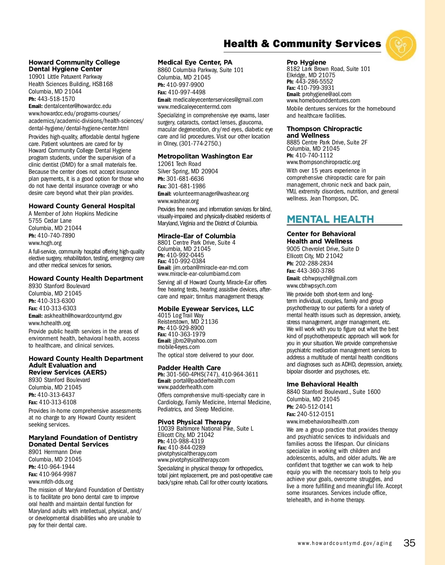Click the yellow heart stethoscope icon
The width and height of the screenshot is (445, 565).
click(x=401, y=45)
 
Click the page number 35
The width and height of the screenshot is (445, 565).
click(x=409, y=543)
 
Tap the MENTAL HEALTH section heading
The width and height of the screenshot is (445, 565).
click(x=330, y=219)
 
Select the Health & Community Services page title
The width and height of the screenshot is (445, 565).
click(x=302, y=44)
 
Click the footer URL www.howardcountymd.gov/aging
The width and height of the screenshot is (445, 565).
click(x=345, y=543)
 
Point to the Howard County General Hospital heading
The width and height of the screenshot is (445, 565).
click(x=82, y=206)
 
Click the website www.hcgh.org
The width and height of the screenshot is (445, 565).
click(x=45, y=243)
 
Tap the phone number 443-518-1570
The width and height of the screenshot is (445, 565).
click(x=56, y=99)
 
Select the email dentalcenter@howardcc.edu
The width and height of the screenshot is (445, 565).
click(x=78, y=106)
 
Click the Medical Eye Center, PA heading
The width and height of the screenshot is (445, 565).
click(x=195, y=62)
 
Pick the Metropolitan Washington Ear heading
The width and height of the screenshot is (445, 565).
click(x=205, y=156)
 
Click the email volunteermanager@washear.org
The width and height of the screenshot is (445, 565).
click(x=211, y=193)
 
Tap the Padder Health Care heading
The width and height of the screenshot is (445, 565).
click(x=189, y=368)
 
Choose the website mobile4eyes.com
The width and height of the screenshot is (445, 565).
click(x=178, y=347)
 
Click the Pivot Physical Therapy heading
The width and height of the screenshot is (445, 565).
click(x=194, y=422)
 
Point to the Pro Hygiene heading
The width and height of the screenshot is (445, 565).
click(x=306, y=62)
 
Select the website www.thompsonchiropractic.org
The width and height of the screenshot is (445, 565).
click(x=323, y=162)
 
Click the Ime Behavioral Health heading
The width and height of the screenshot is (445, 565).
click(x=322, y=384)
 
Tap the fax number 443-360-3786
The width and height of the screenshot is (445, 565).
click(x=316, y=271)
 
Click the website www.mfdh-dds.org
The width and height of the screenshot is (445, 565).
click(x=51, y=481)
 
